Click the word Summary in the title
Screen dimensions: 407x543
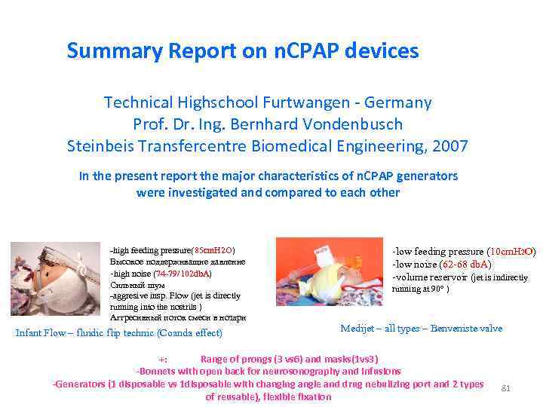click(x=104, y=51)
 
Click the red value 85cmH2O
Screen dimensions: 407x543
click(x=213, y=249)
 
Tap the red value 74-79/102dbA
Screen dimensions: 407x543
click(x=183, y=273)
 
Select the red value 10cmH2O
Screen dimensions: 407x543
click(x=512, y=251)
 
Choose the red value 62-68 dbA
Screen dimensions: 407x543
click(x=468, y=264)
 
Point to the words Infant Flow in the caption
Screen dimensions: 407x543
click(x=40, y=333)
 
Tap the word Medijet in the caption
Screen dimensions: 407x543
click(x=357, y=329)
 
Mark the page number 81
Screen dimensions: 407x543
click(x=506, y=388)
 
